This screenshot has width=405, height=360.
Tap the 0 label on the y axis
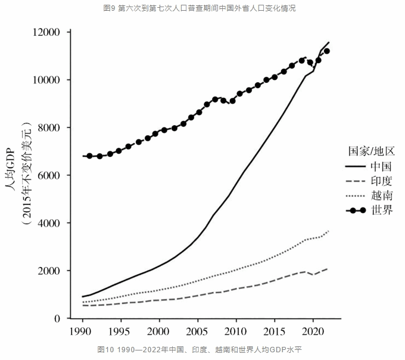tap(58, 319)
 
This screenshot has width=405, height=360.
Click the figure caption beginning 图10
tap(202, 350)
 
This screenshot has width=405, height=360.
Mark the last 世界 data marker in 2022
tap(326, 51)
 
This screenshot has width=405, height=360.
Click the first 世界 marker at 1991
tap(90, 156)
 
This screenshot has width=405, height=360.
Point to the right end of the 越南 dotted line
tap(328, 231)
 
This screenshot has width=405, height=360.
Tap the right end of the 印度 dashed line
tap(327, 269)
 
